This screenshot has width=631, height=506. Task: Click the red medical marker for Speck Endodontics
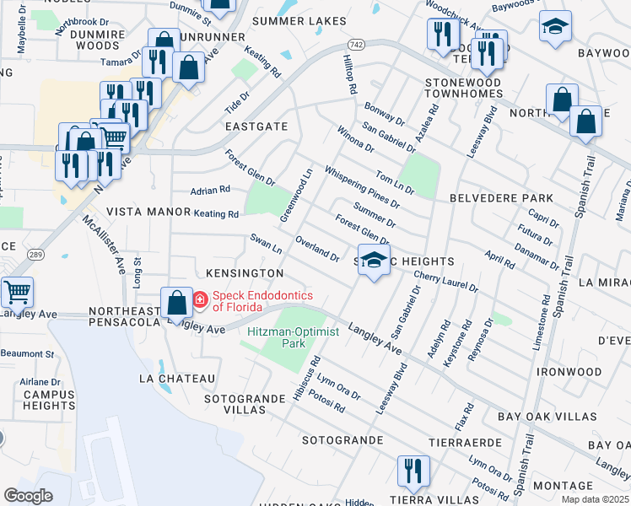pos(201,299)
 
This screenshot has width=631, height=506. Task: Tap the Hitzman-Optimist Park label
pos(293,337)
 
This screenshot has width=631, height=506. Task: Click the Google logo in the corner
pos(28,496)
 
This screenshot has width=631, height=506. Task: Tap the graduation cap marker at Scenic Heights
pos(375,260)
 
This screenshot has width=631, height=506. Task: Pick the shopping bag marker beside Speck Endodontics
pos(176,302)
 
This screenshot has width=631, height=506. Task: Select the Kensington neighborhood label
pos(245,274)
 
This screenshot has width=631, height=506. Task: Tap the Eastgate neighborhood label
pos(256,126)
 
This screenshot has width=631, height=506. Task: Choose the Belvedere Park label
pos(502,198)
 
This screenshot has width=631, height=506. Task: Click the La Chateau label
pos(184,379)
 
